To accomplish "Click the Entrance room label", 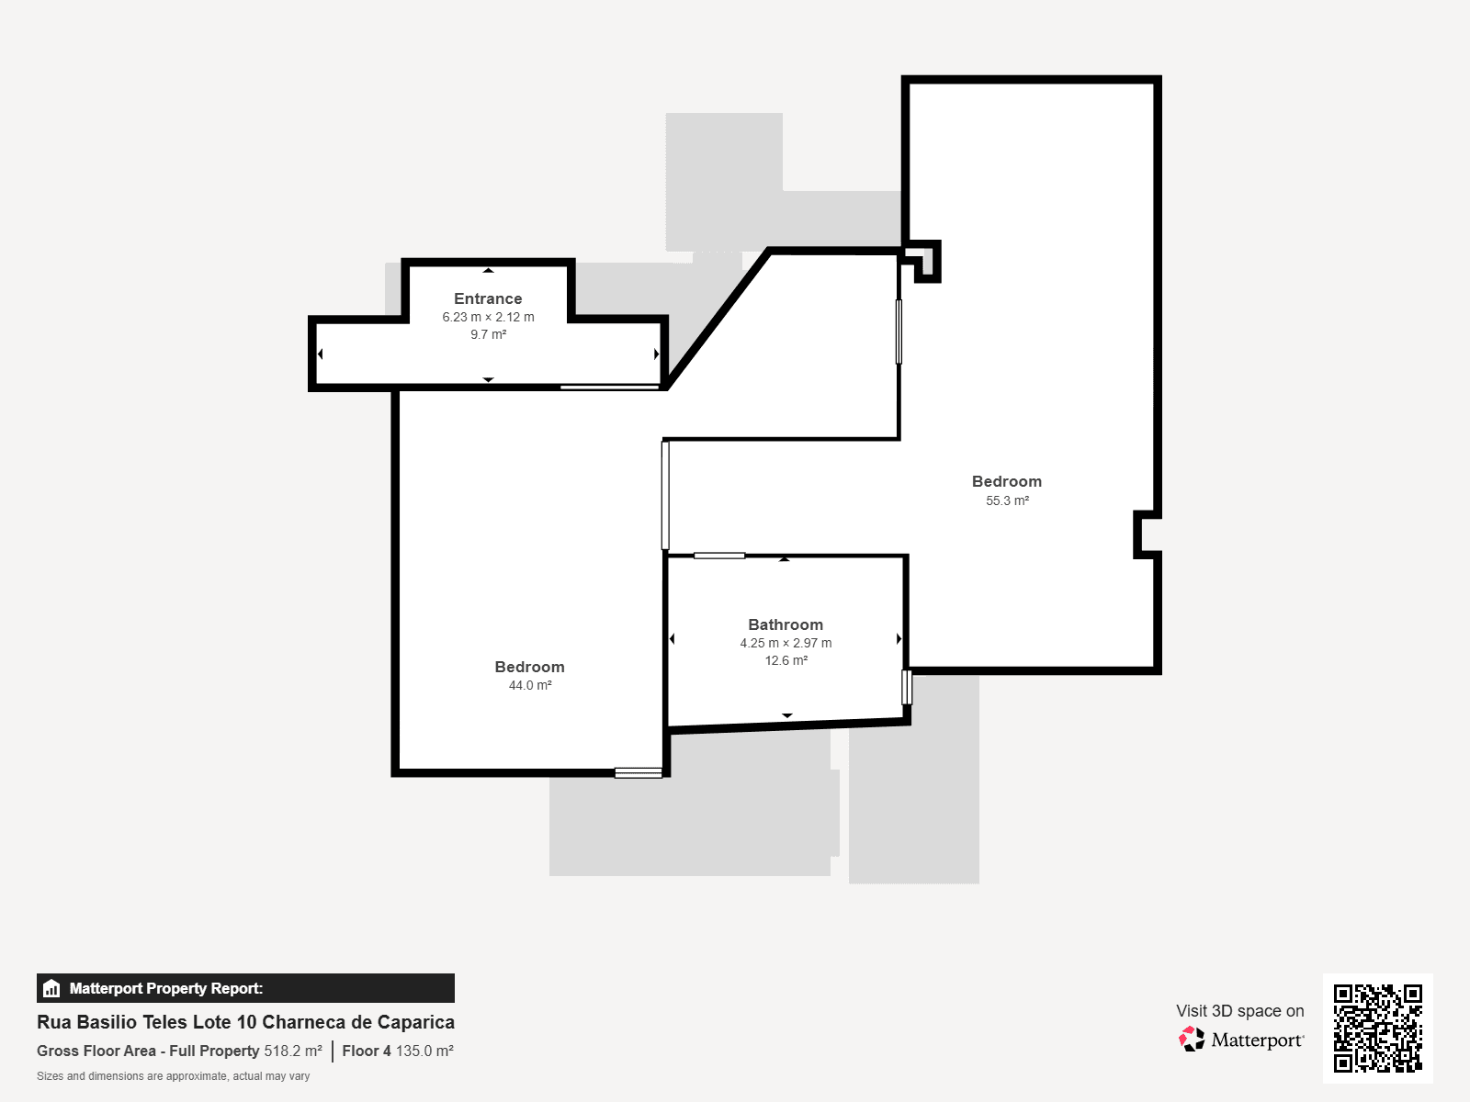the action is (488, 298).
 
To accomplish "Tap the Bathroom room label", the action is (786, 624).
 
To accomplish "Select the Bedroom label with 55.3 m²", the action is (1007, 481).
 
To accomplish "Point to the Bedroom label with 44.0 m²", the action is (530, 667).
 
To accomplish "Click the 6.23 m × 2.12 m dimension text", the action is (488, 317).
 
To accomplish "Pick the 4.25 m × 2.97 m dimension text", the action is (786, 643).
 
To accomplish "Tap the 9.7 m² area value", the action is (488, 334).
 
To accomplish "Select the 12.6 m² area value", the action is (786, 660).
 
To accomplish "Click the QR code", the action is (1377, 1028).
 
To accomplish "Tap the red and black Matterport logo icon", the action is (1192, 1040).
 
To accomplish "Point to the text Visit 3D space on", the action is (1240, 1011).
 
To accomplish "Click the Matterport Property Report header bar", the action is (246, 988).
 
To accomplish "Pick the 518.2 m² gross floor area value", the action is (293, 1051).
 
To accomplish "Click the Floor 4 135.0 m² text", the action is (398, 1051).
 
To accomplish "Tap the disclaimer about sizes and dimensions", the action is (174, 1076).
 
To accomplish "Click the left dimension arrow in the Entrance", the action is (320, 354).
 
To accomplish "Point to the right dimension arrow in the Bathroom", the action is (899, 639).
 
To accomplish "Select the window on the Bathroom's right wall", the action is (907, 687).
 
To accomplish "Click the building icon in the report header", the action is (51, 988).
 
